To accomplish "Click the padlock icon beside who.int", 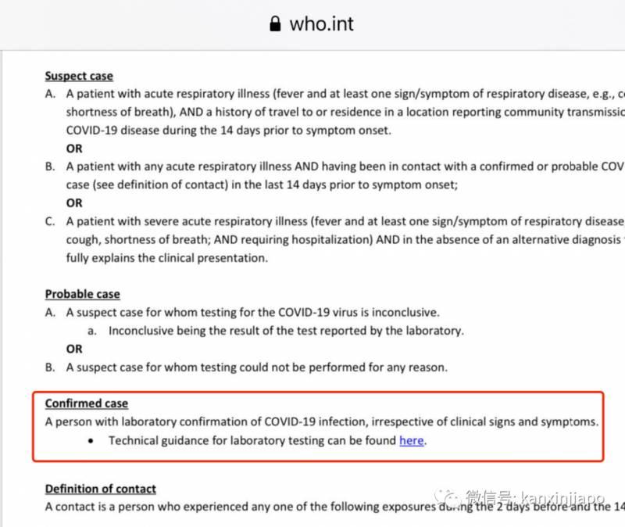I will (x=274, y=24).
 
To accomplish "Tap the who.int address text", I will (x=321, y=23).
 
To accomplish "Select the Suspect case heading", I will (x=79, y=76).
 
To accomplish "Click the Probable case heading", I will (x=82, y=294).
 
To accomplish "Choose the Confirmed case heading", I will (x=86, y=403).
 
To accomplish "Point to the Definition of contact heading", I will (x=100, y=489).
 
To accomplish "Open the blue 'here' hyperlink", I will (x=411, y=440).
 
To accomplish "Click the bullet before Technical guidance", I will (x=91, y=441).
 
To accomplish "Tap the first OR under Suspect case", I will (x=73, y=149).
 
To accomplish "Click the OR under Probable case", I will (x=73, y=349).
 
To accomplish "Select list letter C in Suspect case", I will (x=50, y=221).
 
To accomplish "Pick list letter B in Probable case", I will (x=50, y=367).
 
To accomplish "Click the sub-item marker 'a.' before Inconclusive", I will (x=91, y=331).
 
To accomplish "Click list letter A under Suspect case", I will (x=50, y=94).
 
